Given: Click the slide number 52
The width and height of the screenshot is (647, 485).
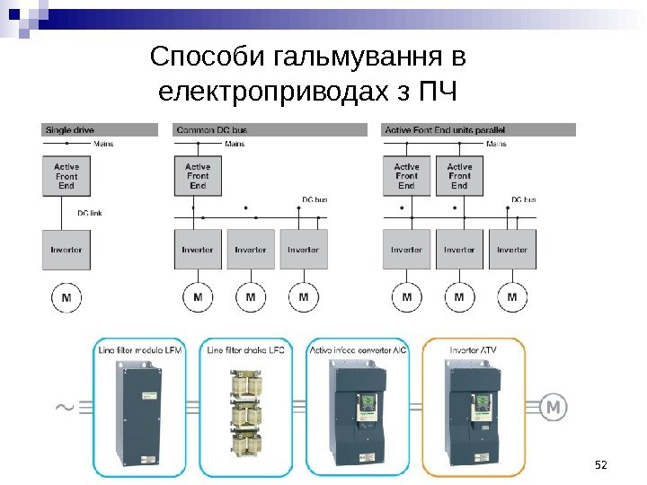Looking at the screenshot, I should (x=602, y=463).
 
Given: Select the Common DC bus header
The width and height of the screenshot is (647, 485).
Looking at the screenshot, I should (x=213, y=130).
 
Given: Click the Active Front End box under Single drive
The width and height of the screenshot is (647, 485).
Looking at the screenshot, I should (x=66, y=177).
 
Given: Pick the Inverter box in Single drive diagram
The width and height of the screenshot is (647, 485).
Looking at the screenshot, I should (x=66, y=249).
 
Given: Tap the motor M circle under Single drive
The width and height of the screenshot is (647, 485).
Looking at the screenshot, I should (x=66, y=296).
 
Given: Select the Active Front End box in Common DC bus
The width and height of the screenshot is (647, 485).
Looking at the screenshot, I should (x=198, y=177).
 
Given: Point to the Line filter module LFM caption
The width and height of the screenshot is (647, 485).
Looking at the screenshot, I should (x=139, y=350).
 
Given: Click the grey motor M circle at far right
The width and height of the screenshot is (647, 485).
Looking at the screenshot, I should (x=554, y=409).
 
